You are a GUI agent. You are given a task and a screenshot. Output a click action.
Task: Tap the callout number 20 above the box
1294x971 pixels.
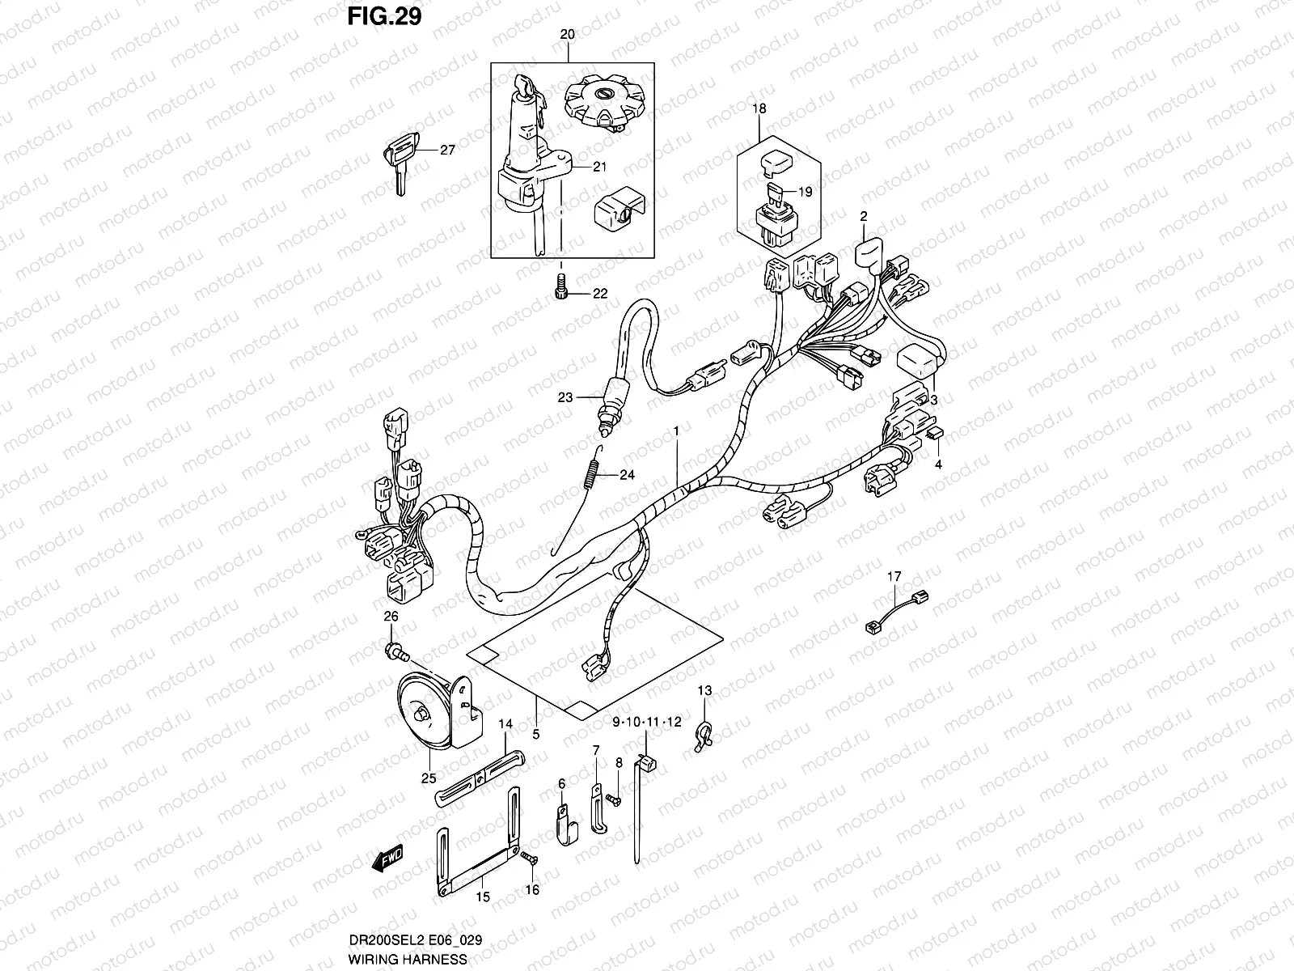click(x=567, y=35)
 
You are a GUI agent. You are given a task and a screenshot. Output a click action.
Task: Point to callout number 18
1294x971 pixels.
click(x=759, y=108)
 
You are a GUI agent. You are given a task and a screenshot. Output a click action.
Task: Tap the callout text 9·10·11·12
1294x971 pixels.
click(x=647, y=721)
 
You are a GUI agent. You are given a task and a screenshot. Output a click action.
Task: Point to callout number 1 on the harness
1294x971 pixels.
click(x=675, y=433)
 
